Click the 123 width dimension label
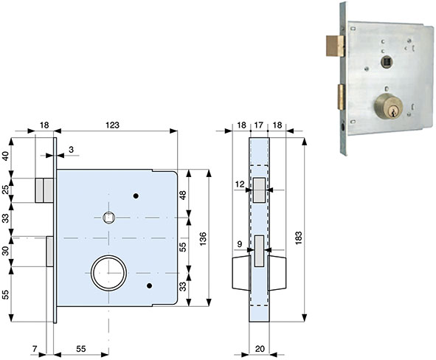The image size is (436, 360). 112,125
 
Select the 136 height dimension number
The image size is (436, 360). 203,238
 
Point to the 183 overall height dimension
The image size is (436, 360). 298,238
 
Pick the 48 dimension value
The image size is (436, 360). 183,195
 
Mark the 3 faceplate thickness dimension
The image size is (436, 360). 71,150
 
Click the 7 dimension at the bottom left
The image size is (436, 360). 35,349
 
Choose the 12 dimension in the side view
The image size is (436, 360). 240,184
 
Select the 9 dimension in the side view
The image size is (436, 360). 240,244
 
